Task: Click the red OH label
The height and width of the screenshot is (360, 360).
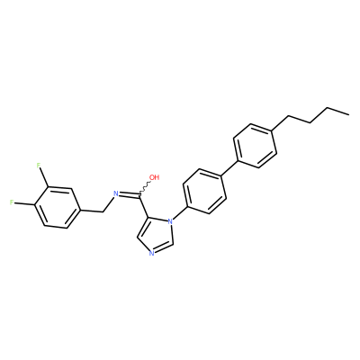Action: coord(154,177)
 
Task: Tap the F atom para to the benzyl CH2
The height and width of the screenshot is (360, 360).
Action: coord(12,202)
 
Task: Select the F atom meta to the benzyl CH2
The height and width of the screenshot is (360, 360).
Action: coord(38,166)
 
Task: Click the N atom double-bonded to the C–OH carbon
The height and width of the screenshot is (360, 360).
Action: coord(116,193)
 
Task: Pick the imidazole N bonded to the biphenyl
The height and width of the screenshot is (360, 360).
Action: coord(170,221)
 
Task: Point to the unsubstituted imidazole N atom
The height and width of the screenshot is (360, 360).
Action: coord(151,254)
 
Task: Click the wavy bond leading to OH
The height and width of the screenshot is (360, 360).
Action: coord(145,188)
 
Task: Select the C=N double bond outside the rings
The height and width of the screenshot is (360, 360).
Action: coord(130,195)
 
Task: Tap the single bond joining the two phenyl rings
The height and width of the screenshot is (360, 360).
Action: coord(229,168)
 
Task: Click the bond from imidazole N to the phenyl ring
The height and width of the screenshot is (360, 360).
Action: coord(180,212)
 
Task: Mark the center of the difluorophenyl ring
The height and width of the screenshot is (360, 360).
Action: coord(57,207)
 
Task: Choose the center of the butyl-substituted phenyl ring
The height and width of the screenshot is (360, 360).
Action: coord(255,145)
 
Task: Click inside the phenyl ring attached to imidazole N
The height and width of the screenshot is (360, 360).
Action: coord(204,191)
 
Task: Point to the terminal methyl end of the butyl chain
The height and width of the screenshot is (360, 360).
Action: coord(348,114)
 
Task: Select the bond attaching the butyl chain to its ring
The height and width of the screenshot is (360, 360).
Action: coord(280,123)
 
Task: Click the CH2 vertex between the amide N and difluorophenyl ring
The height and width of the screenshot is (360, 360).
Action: coord(103,211)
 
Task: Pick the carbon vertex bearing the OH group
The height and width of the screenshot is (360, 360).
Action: coord(139,196)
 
